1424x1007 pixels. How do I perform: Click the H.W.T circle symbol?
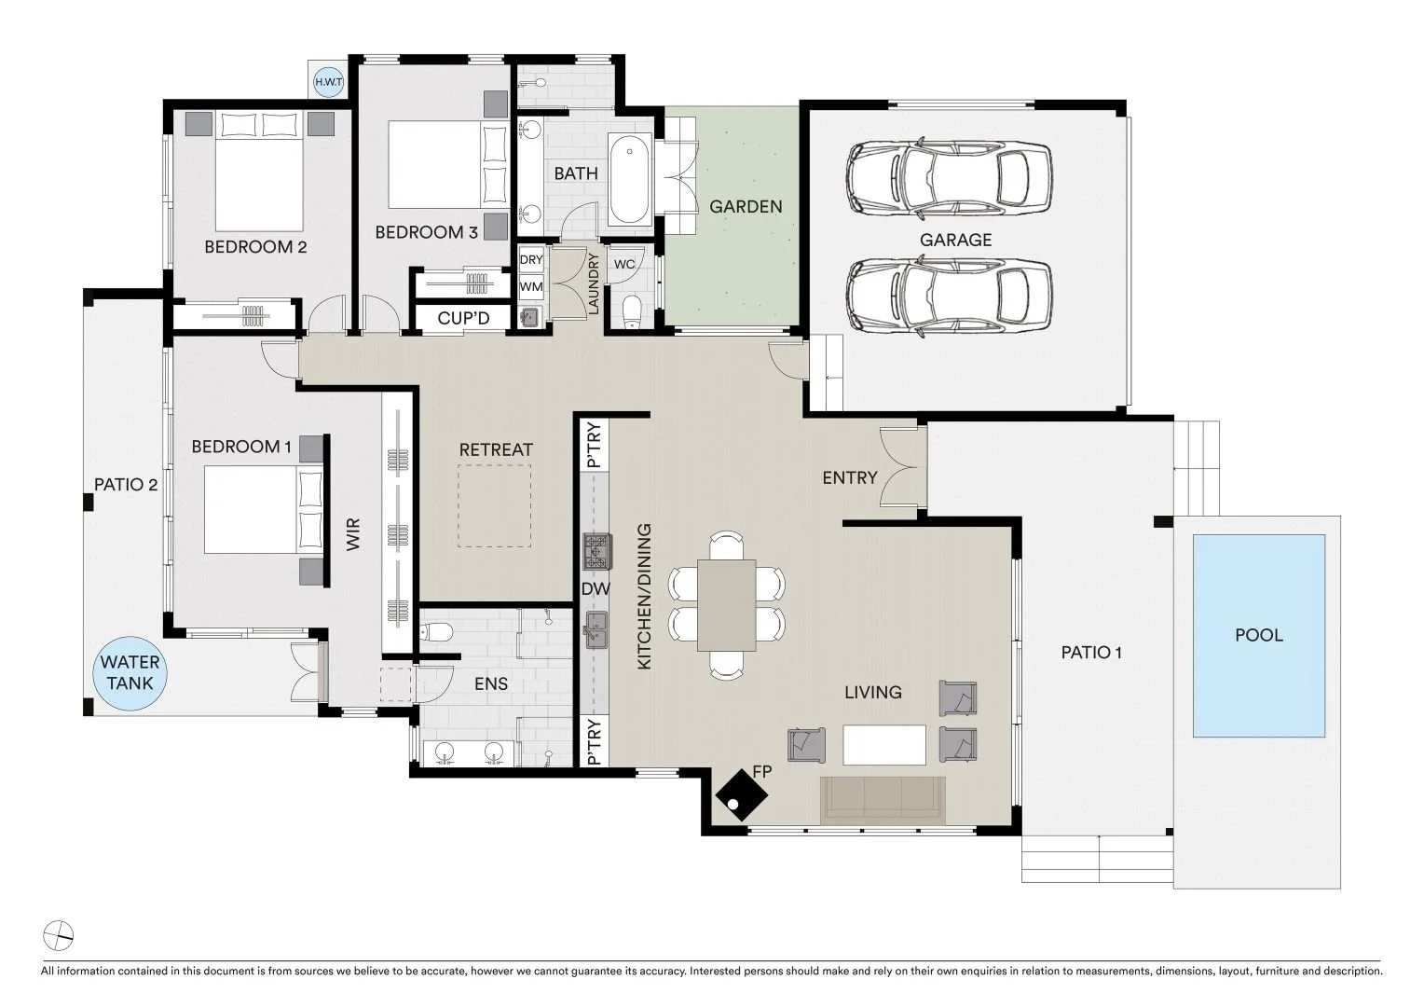[329, 82]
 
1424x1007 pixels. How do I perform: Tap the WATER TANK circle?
[130, 673]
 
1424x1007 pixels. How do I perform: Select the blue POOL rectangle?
[1259, 636]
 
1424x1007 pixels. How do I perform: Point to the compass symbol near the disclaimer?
[59, 936]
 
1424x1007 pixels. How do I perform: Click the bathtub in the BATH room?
[629, 178]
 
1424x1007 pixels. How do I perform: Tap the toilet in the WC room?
[631, 311]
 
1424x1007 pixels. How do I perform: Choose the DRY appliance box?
[531, 259]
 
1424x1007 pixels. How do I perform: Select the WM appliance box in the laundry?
[531, 287]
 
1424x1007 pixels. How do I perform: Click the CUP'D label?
[463, 318]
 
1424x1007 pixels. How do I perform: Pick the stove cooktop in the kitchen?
[597, 551]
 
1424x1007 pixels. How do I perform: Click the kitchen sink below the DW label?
[596, 629]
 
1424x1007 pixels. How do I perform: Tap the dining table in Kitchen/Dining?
[727, 605]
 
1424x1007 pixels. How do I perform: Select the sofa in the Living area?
[883, 800]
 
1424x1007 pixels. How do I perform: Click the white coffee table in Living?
[884, 744]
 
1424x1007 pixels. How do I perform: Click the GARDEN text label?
[746, 207]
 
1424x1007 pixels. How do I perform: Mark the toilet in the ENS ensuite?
[436, 632]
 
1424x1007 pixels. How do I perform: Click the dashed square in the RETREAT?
[495, 505]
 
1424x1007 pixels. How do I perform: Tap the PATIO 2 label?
[126, 485]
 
